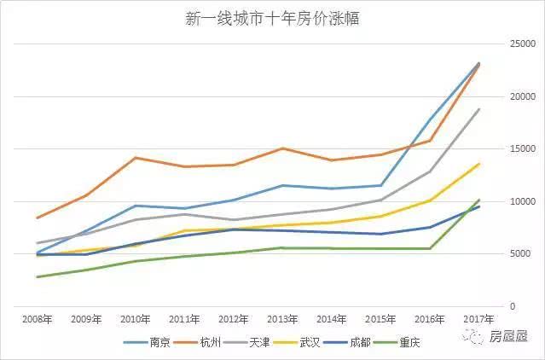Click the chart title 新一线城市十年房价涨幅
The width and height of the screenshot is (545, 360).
tap(273, 19)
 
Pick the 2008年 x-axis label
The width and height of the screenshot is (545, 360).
tap(36, 320)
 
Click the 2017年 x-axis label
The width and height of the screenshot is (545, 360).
tap(478, 320)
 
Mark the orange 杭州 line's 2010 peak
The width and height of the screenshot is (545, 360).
tap(135, 158)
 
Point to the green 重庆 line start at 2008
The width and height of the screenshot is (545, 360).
tap(36, 276)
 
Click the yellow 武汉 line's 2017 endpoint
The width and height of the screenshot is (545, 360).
tap(478, 164)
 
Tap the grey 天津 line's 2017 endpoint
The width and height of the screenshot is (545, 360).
tap(478, 109)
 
